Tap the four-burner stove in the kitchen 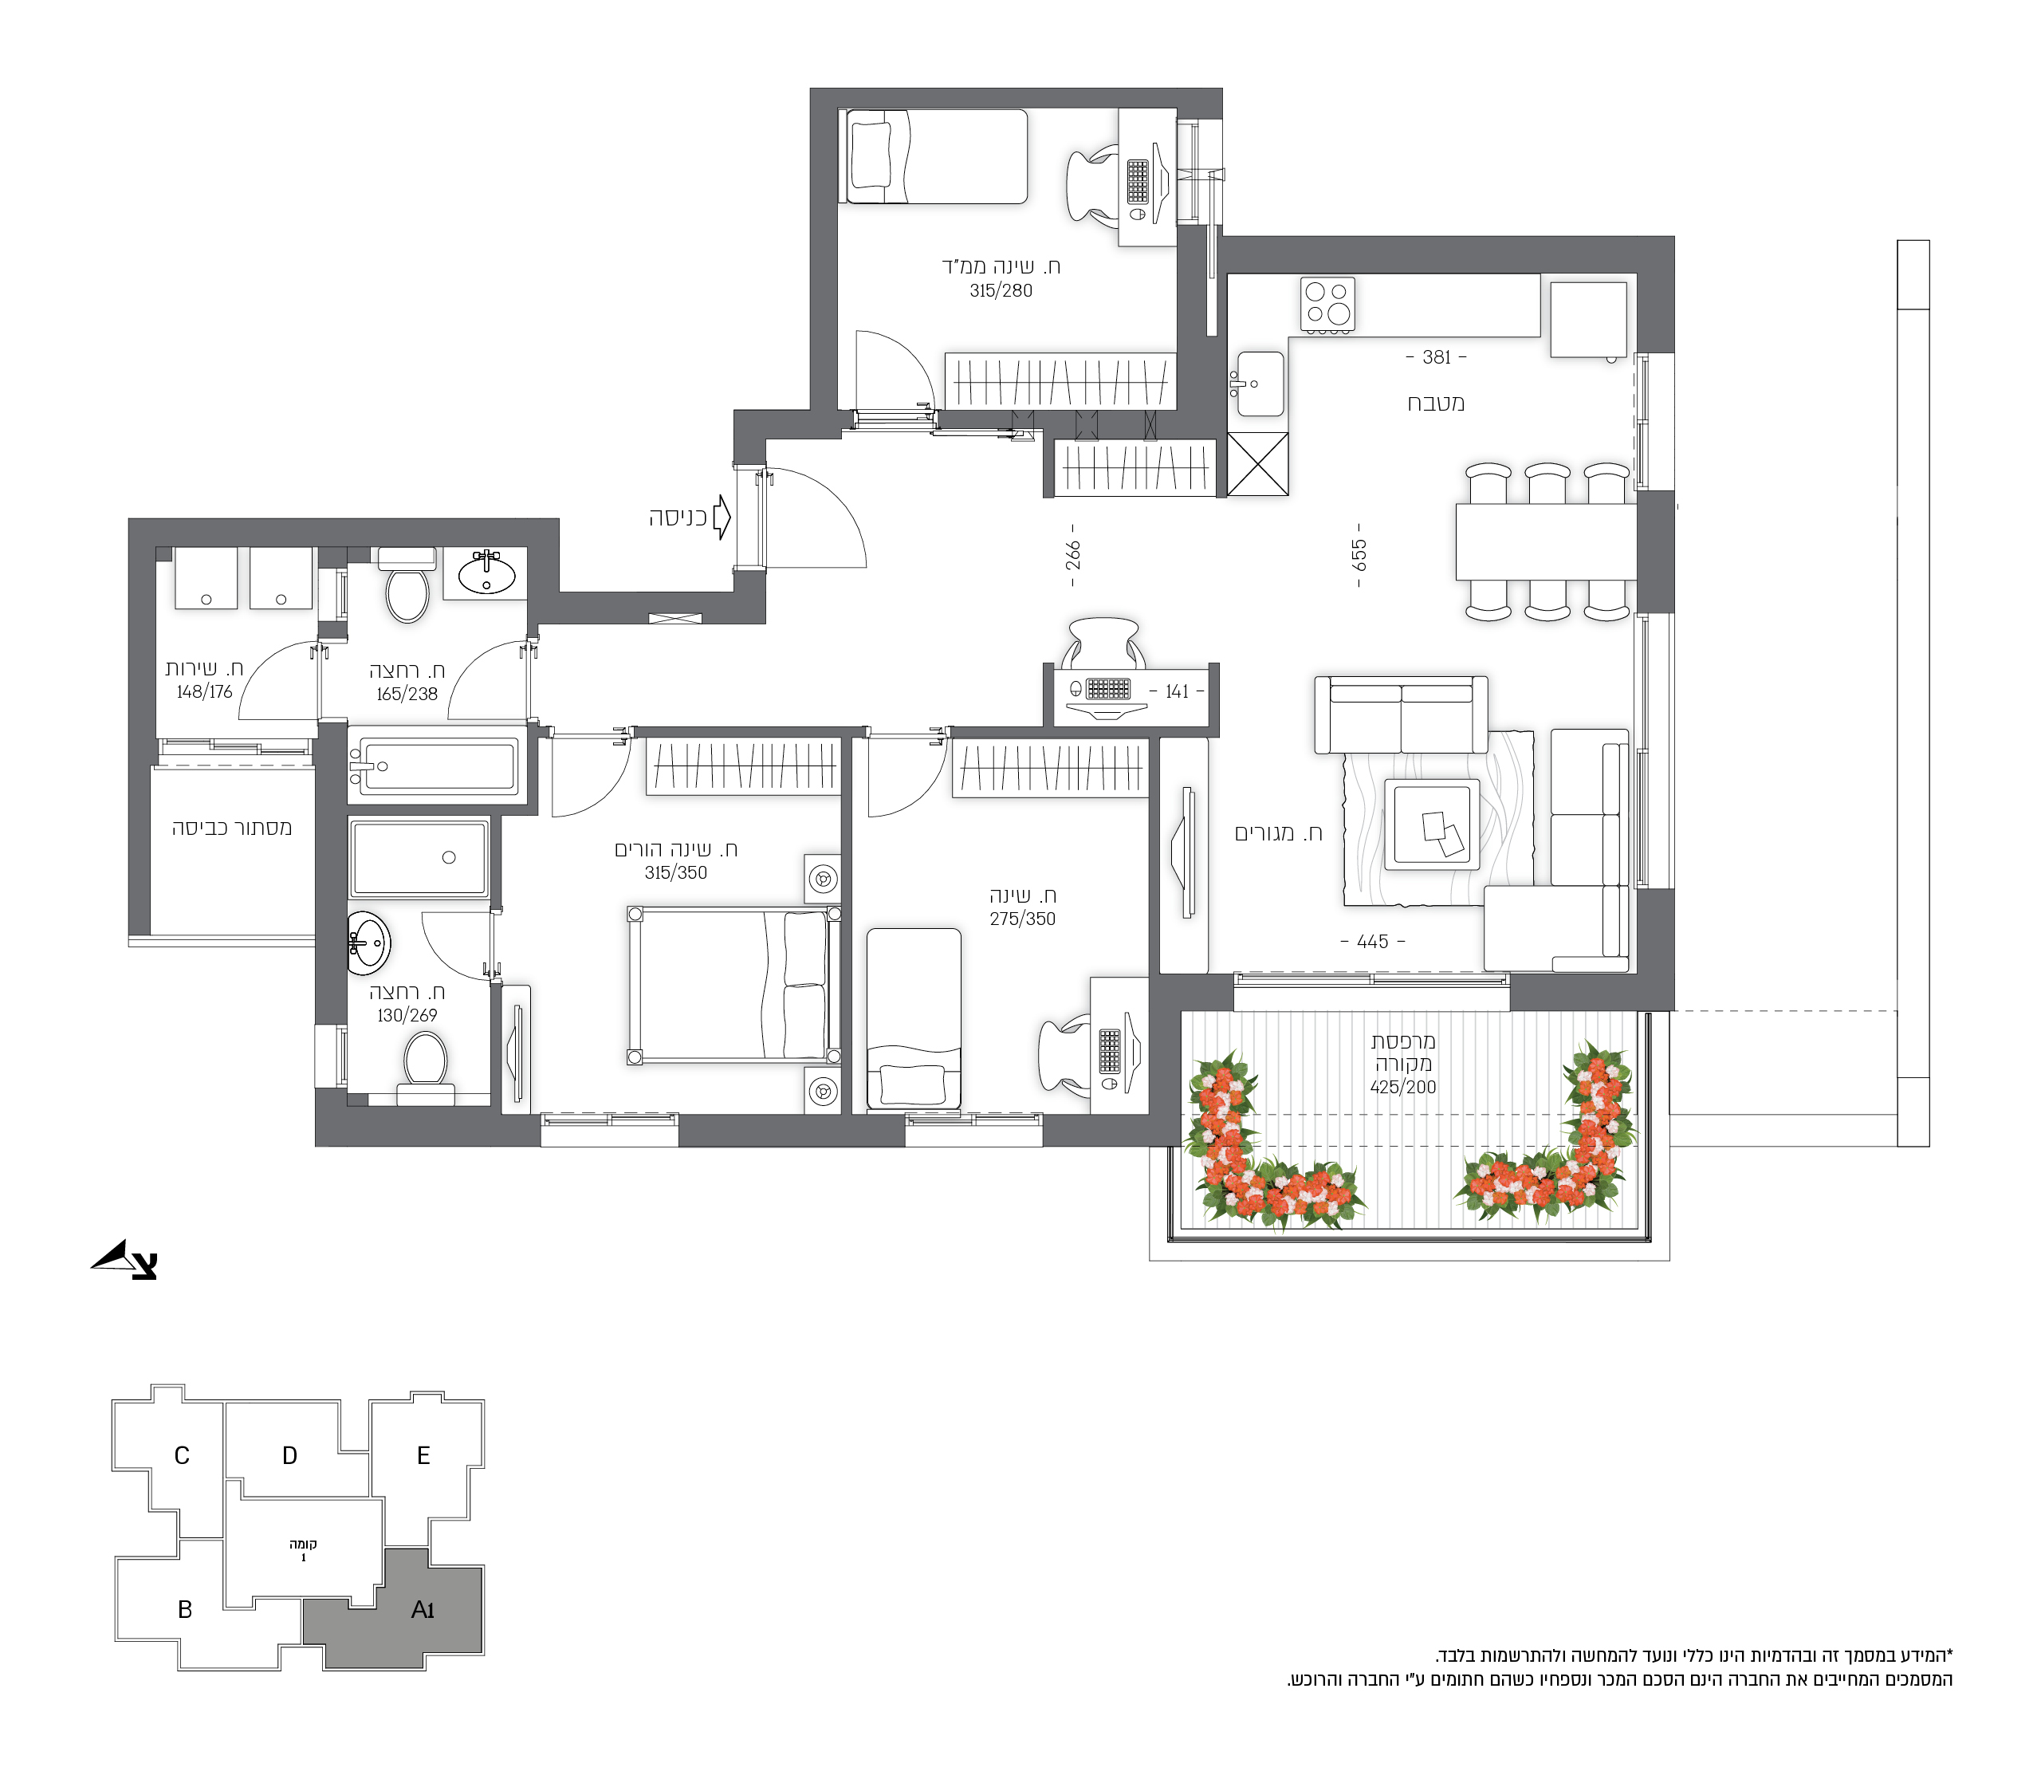(1327, 303)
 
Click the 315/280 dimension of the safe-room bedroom (1001, 290)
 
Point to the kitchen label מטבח (1435, 403)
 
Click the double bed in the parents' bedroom (733, 986)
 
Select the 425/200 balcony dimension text (1402, 1087)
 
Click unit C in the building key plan (181, 1455)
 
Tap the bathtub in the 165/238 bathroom (434, 765)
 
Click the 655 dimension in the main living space (1359, 555)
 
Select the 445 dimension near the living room (1373, 941)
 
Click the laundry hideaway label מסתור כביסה (232, 828)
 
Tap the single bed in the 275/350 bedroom (913, 1018)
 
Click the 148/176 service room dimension (204, 691)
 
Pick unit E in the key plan (423, 1455)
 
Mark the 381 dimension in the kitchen (1436, 356)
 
